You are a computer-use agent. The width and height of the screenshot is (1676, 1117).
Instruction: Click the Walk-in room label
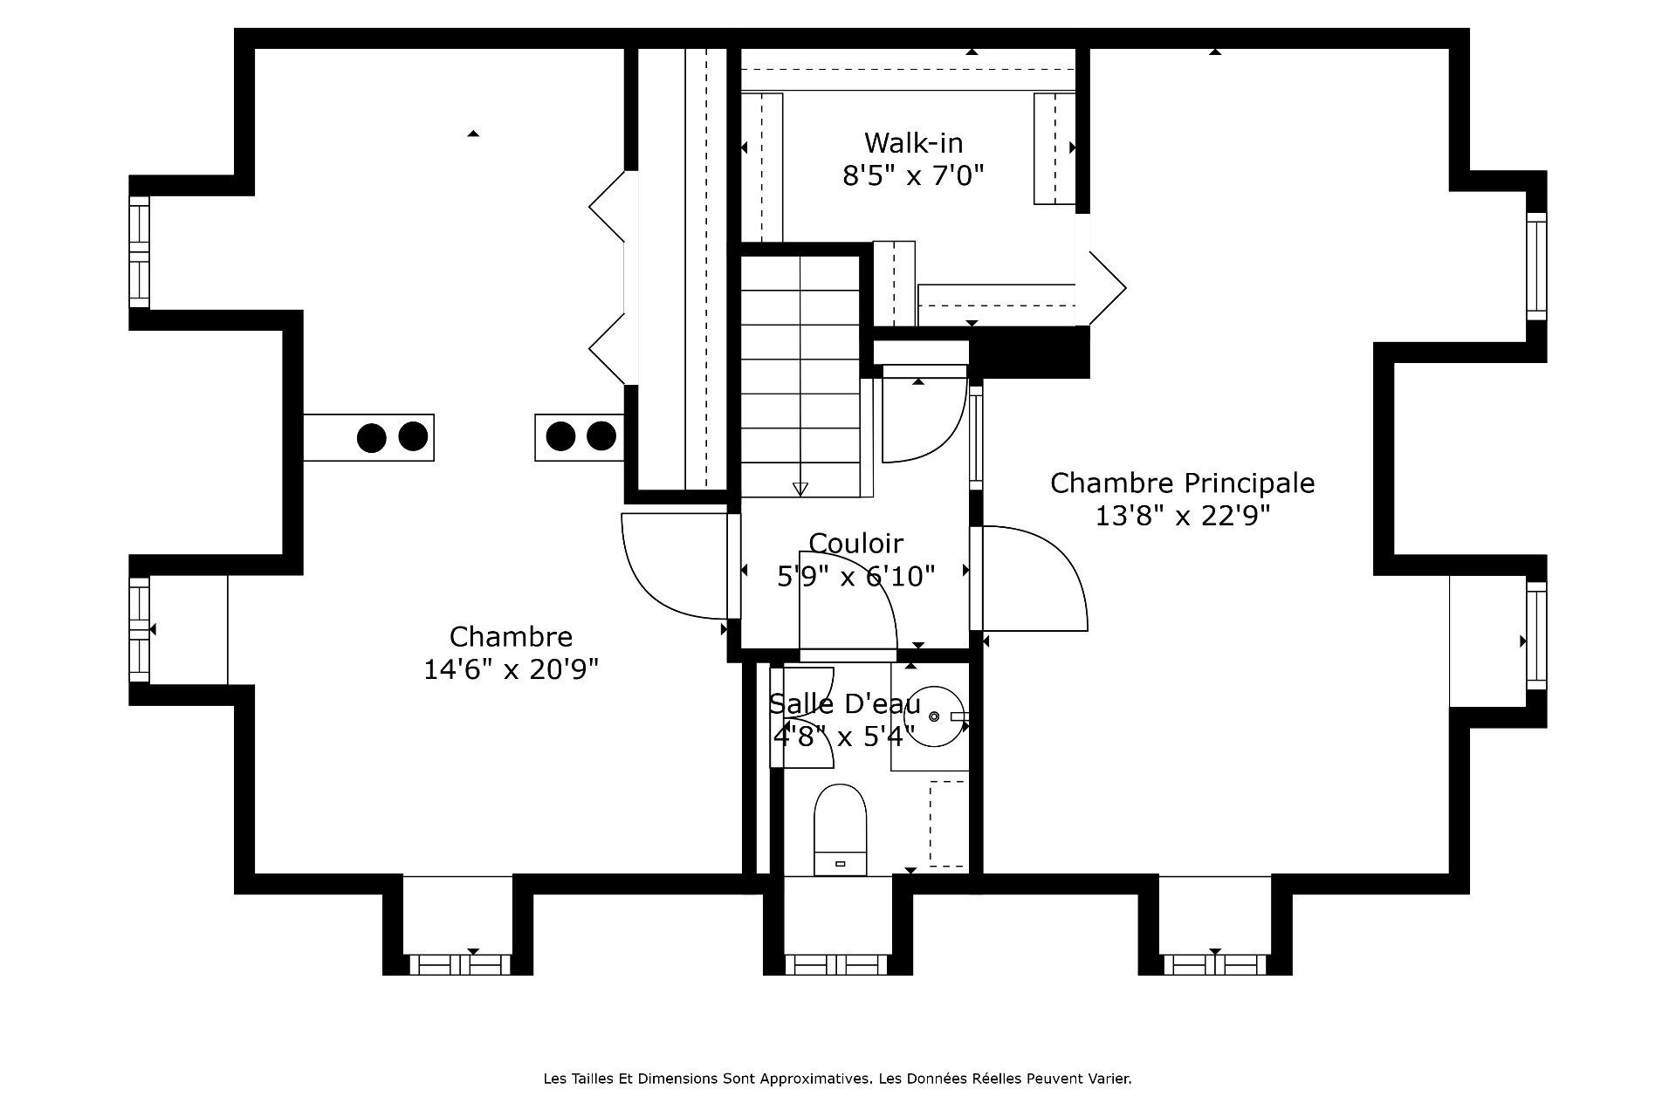913,141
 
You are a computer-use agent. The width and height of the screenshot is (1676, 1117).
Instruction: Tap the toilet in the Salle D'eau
840,829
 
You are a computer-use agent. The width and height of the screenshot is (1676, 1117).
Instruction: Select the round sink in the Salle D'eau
933,716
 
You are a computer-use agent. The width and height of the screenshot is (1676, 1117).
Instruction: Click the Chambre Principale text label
1182,483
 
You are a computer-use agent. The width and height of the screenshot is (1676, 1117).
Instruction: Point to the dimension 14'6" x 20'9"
511,669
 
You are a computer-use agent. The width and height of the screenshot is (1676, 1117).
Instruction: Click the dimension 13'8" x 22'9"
1182,516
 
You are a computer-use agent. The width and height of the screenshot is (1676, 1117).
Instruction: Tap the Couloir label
855,543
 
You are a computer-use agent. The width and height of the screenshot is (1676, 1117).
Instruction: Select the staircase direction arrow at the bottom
800,489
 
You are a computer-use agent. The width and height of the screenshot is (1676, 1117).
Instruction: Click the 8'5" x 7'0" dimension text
913,175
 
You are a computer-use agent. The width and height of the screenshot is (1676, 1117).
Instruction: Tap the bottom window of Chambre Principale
1215,963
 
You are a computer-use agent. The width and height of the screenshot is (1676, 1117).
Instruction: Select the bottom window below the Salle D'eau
837,963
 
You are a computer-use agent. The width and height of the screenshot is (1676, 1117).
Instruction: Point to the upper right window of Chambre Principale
1536,265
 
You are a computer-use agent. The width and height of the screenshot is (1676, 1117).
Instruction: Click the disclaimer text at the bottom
837,1079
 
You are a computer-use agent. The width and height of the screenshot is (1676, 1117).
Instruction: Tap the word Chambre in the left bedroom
511,635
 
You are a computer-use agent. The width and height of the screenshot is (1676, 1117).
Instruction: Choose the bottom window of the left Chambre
460,963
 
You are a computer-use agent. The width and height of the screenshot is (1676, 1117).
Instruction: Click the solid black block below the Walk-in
1030,352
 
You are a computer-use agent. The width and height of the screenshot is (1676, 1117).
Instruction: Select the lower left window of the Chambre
140,629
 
